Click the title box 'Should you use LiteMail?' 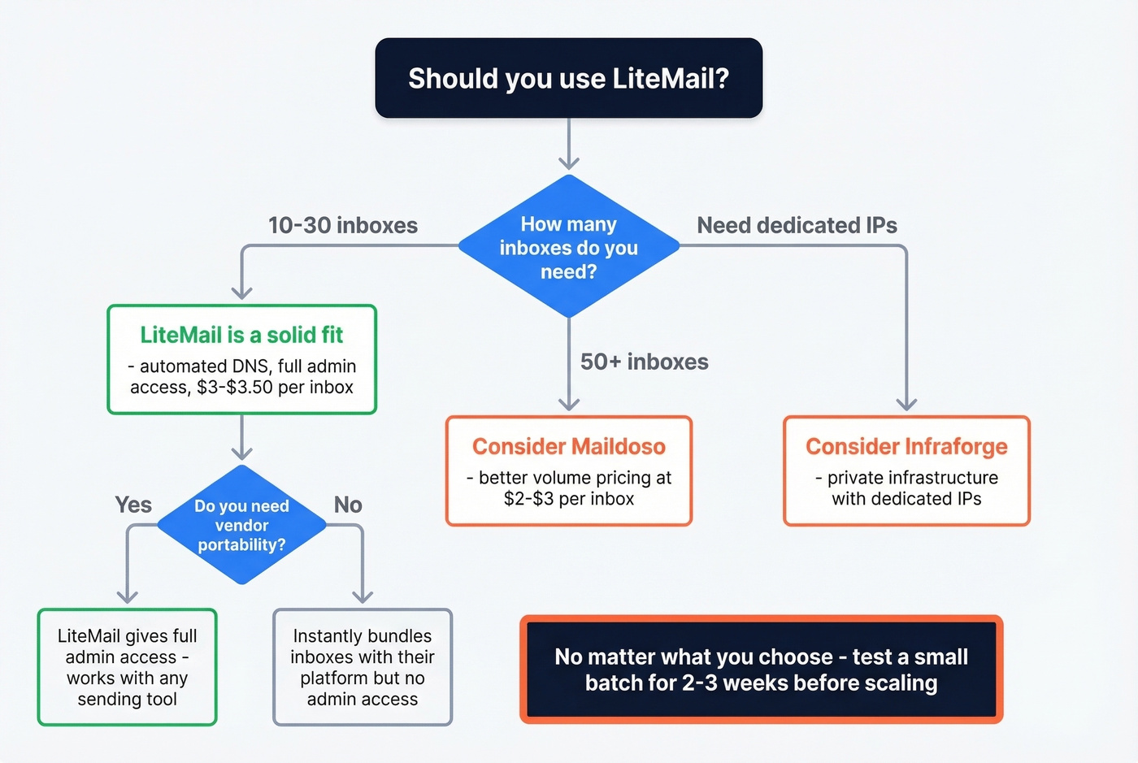[x=568, y=78]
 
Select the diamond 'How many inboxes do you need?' [x=568, y=247]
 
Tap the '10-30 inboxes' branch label [x=342, y=225]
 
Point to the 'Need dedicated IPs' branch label [x=797, y=225]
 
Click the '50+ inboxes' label [x=644, y=362]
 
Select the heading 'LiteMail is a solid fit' [x=241, y=335]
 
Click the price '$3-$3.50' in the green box [x=234, y=388]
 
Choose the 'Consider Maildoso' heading [x=568, y=446]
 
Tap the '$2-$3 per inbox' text [x=568, y=499]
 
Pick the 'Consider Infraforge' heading [x=906, y=446]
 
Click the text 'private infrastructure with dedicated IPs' [x=906, y=488]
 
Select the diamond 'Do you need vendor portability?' [x=241, y=525]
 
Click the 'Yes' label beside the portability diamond [x=133, y=505]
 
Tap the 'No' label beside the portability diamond [x=348, y=505]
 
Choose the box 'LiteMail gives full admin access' [x=127, y=667]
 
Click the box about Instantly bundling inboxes [x=362, y=667]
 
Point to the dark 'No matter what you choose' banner [x=761, y=670]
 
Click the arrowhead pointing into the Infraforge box [x=906, y=404]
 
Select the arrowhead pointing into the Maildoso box [x=569, y=404]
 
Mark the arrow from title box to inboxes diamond [x=569, y=145]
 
